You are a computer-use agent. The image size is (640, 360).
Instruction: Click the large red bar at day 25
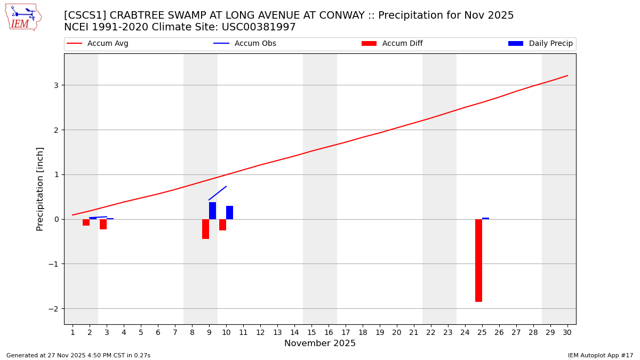coord(478,260)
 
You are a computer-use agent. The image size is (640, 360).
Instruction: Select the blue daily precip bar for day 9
coord(212,211)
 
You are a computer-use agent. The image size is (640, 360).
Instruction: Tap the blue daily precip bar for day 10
coord(229,213)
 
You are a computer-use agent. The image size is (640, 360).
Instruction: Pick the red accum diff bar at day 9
coord(205,229)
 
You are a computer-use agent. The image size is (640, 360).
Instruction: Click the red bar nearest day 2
coord(86,222)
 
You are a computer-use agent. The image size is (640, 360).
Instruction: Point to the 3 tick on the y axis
coord(56,85)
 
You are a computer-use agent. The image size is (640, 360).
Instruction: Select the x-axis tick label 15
coord(311,332)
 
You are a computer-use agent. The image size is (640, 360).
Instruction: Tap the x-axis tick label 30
coord(567,332)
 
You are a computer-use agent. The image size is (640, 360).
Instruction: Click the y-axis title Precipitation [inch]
coord(40,189)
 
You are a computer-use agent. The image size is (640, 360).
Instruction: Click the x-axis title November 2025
coord(320,343)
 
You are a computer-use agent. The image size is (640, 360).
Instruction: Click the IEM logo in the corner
coord(23,17)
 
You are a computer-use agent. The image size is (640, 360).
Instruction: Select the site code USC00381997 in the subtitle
coord(258,27)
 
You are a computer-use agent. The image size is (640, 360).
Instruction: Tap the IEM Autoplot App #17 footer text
coord(600,355)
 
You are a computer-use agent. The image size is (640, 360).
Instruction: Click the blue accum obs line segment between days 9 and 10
coord(218,193)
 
